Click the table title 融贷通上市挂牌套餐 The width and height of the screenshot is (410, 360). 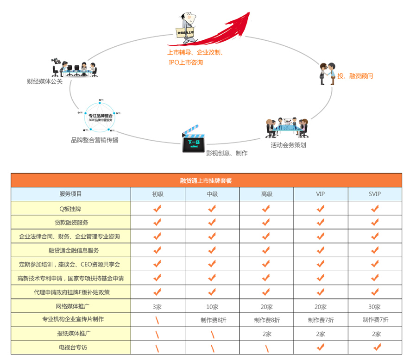pos(206,180)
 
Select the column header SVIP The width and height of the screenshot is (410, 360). pos(375,194)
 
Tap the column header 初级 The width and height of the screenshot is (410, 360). pos(158,194)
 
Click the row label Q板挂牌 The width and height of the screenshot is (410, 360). pos(71,209)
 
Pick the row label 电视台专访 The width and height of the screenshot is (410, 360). pos(71,347)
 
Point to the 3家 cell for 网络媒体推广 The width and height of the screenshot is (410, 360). pos(157,306)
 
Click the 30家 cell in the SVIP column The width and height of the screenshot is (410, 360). pos(375,306)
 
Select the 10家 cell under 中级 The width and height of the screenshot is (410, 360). pos(212,306)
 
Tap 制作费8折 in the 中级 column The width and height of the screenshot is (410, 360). pos(213,320)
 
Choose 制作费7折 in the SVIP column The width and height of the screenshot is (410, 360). pos(375,320)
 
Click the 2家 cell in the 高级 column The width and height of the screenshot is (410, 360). pos(266,334)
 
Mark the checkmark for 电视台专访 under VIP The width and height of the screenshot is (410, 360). pos(321,347)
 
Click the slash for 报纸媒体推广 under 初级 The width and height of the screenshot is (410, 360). pos(157,334)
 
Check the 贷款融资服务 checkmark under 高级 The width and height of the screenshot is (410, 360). pos(266,222)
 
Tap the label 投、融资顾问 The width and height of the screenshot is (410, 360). pos(355,76)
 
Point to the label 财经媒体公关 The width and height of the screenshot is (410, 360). pos(44,81)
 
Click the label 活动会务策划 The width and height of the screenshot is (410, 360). pos(288,145)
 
